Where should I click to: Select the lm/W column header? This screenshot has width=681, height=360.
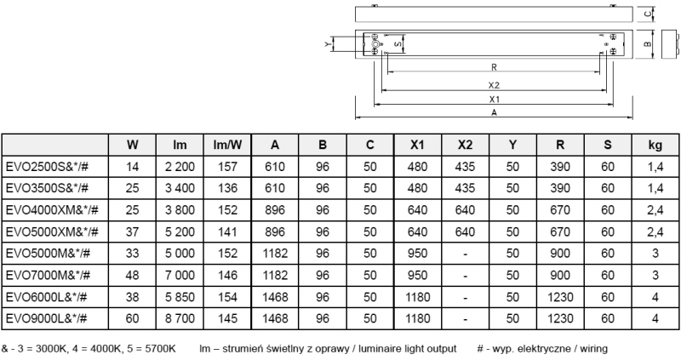click(225, 145)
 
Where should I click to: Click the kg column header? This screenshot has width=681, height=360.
click(655, 145)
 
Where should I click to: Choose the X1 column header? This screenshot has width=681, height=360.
click(417, 145)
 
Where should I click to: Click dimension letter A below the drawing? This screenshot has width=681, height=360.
click(494, 111)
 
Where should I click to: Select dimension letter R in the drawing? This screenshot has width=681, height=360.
click(494, 66)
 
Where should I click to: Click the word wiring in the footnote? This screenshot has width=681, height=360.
click(592, 349)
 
